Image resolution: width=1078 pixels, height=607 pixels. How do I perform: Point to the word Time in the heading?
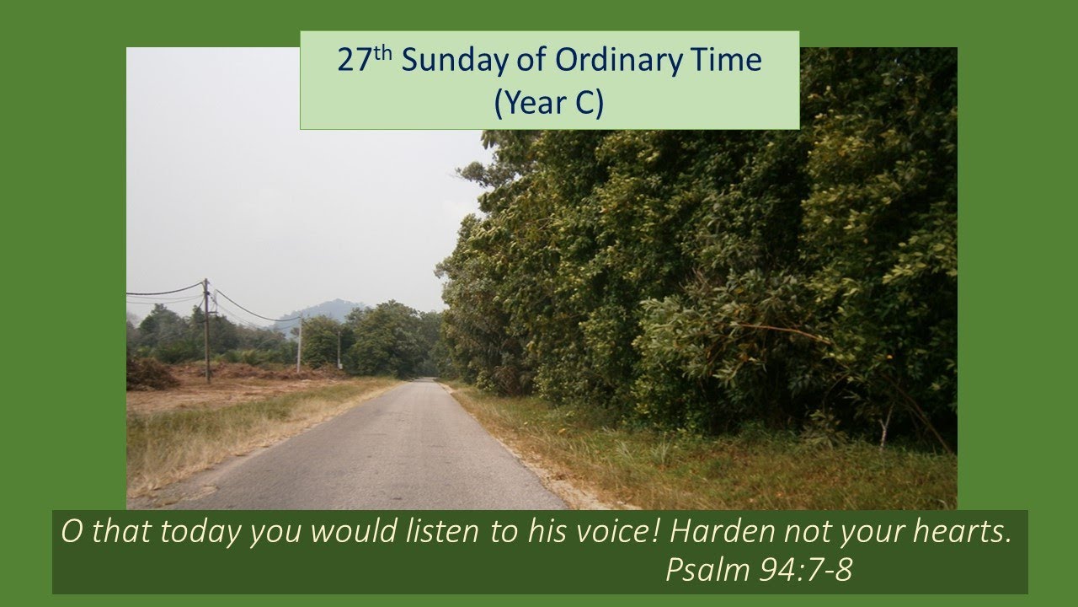coord(731,61)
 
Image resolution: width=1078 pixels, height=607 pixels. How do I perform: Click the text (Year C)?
coord(549,102)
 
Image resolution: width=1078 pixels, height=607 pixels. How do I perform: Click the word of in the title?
coord(535,61)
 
